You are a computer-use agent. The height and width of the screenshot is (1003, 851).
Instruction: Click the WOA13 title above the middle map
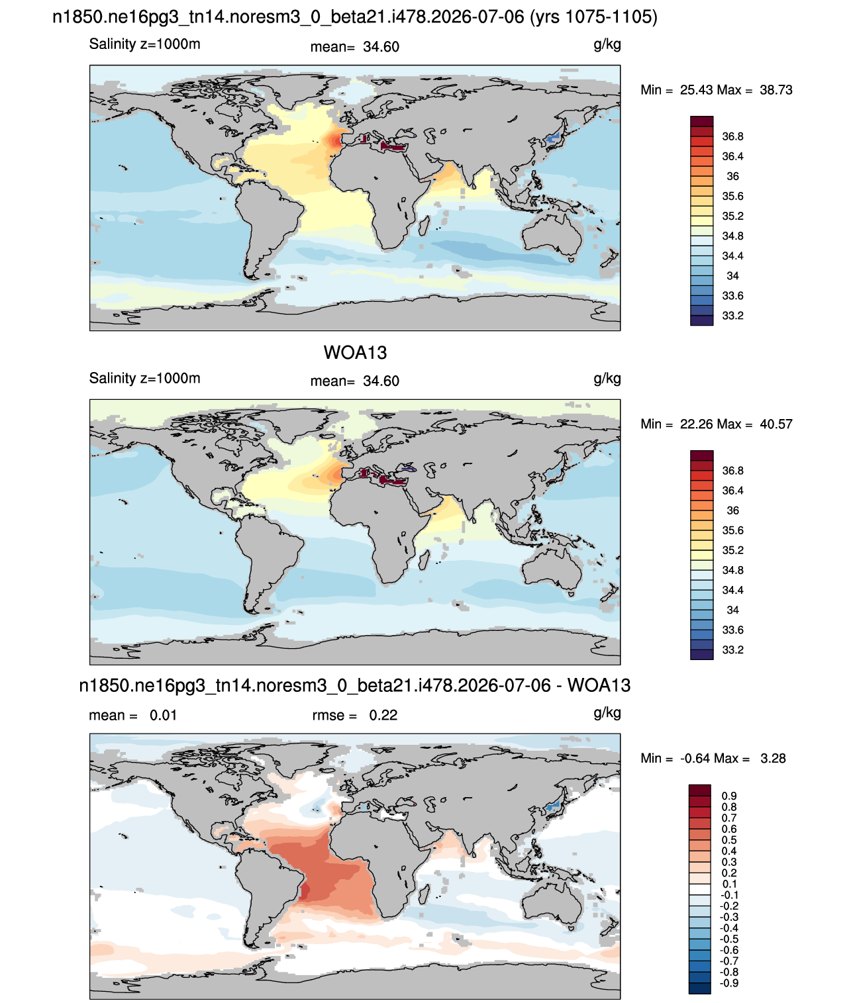[355, 353]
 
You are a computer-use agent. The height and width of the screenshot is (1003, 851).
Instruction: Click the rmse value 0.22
[383, 715]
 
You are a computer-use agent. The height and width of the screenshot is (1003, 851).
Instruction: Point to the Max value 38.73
[776, 90]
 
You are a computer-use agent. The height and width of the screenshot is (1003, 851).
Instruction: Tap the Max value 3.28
[773, 759]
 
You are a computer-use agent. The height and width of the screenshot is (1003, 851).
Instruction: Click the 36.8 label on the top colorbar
[732, 136]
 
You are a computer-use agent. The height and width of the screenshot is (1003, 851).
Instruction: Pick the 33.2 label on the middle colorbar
[732, 649]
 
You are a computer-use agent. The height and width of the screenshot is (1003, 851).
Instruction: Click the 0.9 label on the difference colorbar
[728, 796]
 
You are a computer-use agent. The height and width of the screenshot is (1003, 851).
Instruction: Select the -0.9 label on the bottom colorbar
[728, 983]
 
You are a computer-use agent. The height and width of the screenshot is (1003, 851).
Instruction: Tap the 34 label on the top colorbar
[732, 275]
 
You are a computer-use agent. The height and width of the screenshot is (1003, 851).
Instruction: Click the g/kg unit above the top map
[607, 44]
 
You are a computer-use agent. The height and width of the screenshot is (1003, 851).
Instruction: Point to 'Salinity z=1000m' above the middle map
[144, 378]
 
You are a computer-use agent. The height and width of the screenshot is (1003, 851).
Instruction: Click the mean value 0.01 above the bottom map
[163, 715]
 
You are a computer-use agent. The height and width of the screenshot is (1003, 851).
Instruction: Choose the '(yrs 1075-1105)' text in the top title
[593, 17]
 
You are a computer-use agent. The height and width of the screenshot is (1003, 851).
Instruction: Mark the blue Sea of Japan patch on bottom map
[552, 806]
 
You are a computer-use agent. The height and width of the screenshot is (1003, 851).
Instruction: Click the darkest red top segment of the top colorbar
[701, 121]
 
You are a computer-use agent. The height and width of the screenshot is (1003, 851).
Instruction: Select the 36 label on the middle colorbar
[732, 510]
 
